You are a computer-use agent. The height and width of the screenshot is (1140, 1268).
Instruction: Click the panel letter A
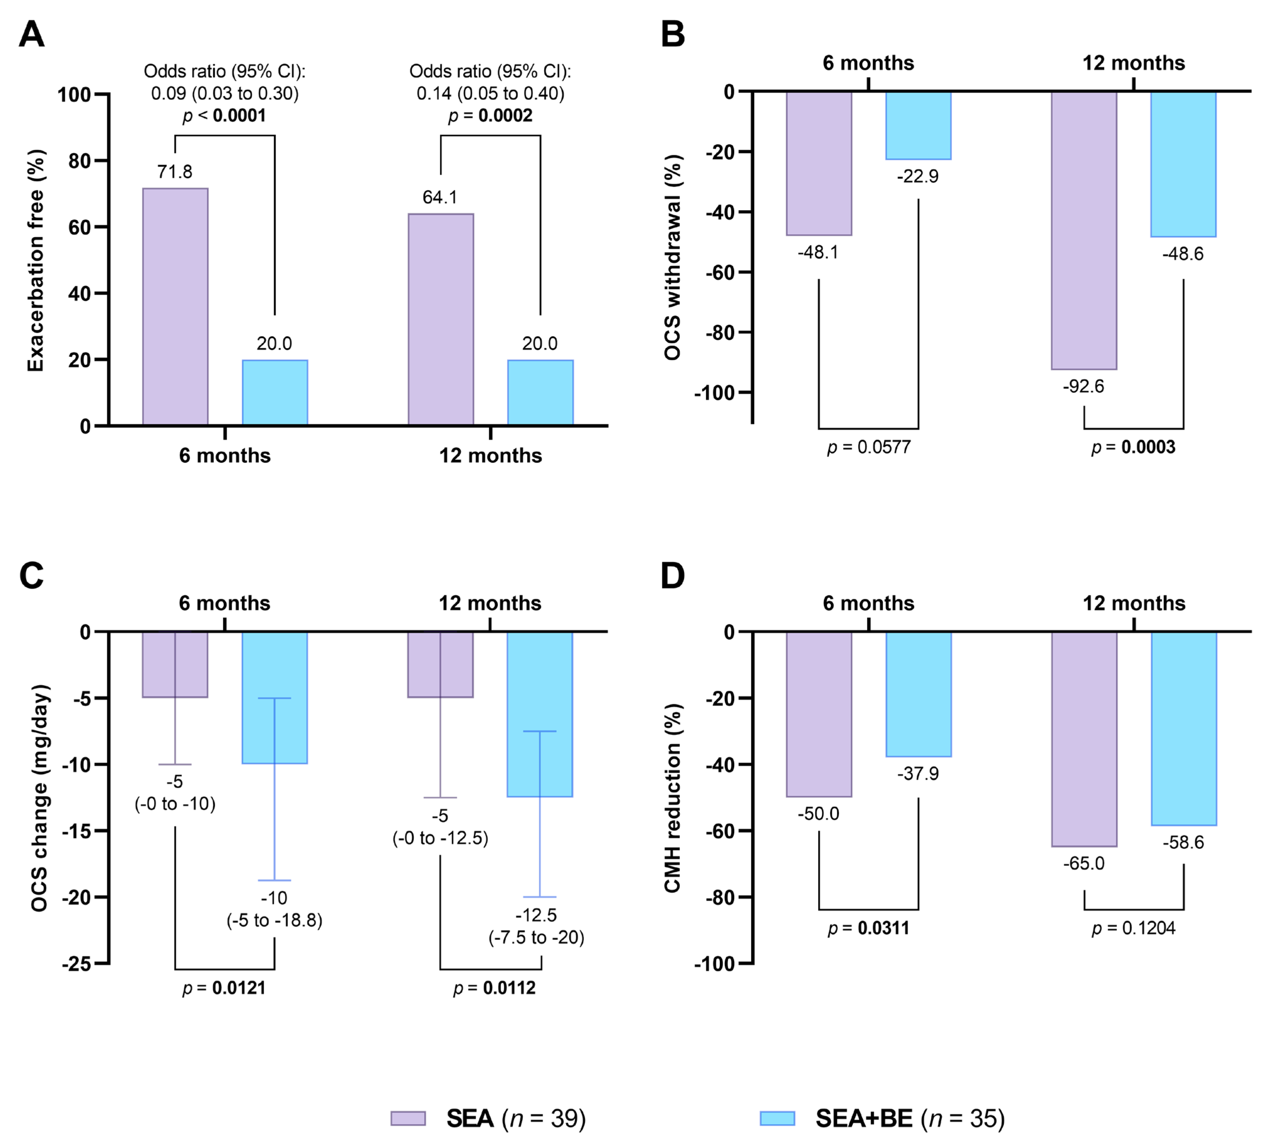[x=31, y=34]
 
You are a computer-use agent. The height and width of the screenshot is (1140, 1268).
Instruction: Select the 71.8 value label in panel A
[x=175, y=172]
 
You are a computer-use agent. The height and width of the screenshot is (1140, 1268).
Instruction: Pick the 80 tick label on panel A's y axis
[x=80, y=161]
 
